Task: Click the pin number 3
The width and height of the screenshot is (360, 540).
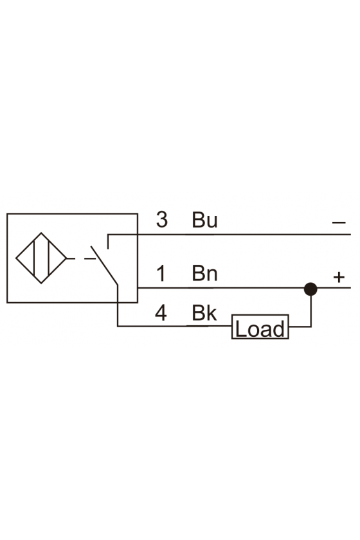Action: coord(162,219)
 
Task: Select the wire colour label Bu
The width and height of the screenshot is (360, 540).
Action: coord(204,220)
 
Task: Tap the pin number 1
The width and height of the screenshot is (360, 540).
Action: coord(161,273)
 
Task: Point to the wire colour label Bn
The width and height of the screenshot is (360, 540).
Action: coord(204,273)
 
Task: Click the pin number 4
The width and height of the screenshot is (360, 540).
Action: coord(161,312)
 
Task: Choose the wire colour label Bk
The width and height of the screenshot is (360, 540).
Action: coord(204,312)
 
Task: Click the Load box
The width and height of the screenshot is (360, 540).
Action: coord(260,327)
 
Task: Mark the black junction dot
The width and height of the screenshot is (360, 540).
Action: coord(310,289)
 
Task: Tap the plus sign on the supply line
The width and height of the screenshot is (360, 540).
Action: coord(339,277)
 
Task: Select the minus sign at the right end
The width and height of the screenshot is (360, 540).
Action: coord(339,223)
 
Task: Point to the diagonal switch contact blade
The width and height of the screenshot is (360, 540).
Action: coord(104,265)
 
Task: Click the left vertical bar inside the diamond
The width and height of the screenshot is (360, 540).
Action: coord(34,258)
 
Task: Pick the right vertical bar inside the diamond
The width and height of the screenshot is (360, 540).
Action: coord(49,258)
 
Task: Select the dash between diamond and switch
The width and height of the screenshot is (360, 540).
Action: coord(90,258)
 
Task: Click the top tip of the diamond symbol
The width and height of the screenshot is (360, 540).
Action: coord(41,233)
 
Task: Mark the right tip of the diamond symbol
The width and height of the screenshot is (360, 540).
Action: coord(66,258)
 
